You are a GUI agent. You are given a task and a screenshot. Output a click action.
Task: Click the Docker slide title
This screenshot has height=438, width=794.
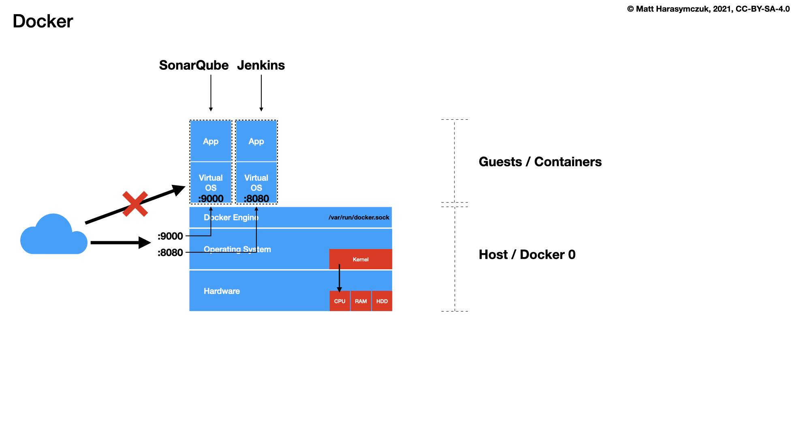tap(43, 21)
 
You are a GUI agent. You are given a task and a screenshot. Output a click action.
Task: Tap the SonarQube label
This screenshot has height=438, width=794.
tap(194, 65)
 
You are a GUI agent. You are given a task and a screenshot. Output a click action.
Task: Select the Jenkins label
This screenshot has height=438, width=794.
tap(261, 65)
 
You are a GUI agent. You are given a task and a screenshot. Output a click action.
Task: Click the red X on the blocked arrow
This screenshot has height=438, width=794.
tap(135, 204)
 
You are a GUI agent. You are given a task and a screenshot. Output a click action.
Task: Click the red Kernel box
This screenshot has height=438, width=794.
tap(361, 259)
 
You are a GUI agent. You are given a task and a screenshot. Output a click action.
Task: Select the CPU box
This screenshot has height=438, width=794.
tap(339, 301)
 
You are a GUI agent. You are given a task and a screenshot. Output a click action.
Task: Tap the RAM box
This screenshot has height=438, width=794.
tap(361, 301)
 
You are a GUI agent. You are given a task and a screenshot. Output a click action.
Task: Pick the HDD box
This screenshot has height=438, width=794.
tap(382, 301)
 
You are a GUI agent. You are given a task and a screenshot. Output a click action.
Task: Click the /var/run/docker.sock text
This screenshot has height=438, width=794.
tap(359, 217)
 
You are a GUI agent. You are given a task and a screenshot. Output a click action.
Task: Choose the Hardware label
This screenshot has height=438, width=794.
tap(222, 291)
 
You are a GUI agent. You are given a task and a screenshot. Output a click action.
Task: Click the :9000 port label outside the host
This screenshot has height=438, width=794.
tap(170, 236)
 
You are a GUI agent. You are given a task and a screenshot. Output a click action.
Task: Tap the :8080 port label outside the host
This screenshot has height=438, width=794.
tap(170, 253)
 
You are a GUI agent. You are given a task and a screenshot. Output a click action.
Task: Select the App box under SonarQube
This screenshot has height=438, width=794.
tap(211, 141)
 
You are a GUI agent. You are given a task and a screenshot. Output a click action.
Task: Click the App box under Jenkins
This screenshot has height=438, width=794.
tap(256, 141)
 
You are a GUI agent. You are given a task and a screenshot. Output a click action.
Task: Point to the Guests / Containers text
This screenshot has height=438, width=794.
tap(540, 162)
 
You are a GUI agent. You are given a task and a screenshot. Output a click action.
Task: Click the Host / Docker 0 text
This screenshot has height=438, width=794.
tap(527, 255)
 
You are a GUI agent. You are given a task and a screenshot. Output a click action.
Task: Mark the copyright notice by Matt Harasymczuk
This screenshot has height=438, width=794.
tap(708, 9)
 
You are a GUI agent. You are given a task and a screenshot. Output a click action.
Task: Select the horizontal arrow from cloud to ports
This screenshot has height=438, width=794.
tap(120, 243)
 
